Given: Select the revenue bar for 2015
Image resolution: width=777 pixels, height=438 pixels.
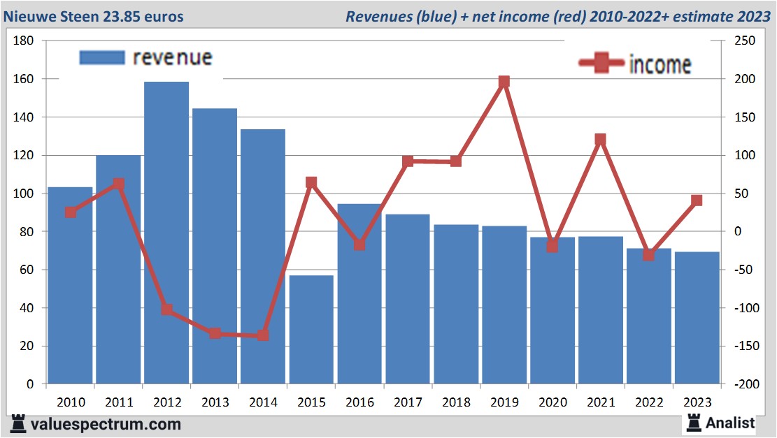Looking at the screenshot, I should [311, 329].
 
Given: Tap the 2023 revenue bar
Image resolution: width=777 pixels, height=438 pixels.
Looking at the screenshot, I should [697, 318].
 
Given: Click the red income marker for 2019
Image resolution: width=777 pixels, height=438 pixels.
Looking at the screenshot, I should [504, 82].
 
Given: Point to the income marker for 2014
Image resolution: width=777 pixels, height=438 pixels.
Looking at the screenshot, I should [263, 335].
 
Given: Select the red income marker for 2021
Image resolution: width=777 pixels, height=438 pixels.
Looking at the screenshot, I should [600, 140].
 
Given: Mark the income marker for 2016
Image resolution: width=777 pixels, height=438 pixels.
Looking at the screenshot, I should [359, 245].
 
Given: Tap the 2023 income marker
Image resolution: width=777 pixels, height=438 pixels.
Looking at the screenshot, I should [697, 200].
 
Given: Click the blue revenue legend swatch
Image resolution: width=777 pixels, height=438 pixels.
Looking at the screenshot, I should [102, 57].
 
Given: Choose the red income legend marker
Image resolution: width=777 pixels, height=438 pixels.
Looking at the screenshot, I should [601, 64].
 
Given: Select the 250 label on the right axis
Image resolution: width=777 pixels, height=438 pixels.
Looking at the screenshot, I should [745, 41].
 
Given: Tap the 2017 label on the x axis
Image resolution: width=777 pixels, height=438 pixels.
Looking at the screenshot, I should [408, 402].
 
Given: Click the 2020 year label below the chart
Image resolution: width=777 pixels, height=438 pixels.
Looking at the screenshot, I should [553, 402].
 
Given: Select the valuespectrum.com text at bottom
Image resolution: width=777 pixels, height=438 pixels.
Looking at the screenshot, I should [105, 424].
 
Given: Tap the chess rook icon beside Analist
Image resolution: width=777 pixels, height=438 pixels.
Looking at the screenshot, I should [693, 422].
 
